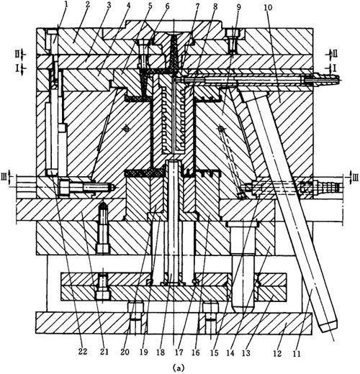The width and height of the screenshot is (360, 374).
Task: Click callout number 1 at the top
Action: pyautogui.click(x=66, y=4)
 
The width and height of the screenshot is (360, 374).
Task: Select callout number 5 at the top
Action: pyautogui.click(x=150, y=5)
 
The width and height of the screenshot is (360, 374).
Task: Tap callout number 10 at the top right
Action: pyautogui.click(x=268, y=7)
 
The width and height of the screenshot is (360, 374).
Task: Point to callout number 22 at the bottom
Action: pyautogui.click(x=82, y=352)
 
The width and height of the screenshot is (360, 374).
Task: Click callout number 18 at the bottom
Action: pyautogui.click(x=161, y=352)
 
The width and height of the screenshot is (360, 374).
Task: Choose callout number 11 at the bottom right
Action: pyautogui.click(x=297, y=354)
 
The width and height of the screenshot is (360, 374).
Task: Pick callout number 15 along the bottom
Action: pyautogui.click(x=215, y=352)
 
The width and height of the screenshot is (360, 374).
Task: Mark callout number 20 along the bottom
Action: pyautogui.click(x=125, y=352)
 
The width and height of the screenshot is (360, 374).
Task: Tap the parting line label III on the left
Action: pyautogui.click(x=4, y=178)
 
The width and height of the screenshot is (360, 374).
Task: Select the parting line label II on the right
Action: pyautogui.click(x=335, y=54)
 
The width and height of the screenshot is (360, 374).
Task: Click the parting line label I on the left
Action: pyautogui.click(x=17, y=68)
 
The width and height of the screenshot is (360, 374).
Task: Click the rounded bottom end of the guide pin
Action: pyautogui.click(x=243, y=309)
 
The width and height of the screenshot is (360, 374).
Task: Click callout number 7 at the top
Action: pyautogui.click(x=197, y=6)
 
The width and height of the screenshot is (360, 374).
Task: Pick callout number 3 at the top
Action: pyautogui.click(x=109, y=5)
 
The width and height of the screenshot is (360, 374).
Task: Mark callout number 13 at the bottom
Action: pyautogui.click(x=246, y=353)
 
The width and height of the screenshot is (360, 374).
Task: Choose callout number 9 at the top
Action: pyautogui.click(x=238, y=6)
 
